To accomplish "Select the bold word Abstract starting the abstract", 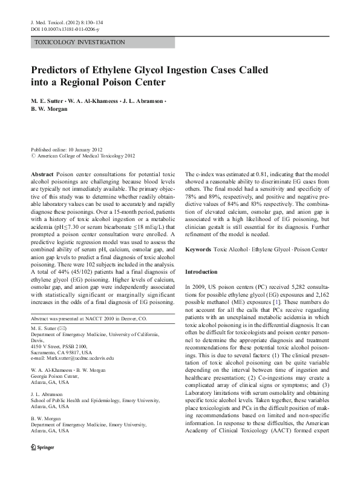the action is point(41,173).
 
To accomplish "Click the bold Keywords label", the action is point(200,249).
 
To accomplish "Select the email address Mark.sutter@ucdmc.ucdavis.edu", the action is point(79,358).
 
